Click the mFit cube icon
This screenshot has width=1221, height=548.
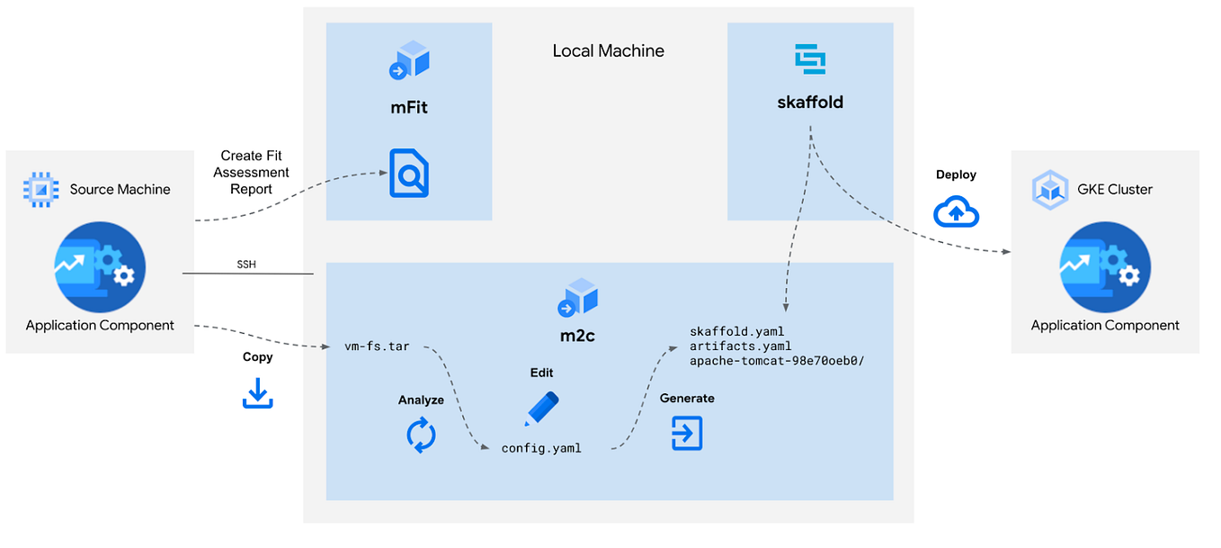(409, 60)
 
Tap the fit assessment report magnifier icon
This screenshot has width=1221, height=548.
(408, 174)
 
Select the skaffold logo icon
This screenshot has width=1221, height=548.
(810, 58)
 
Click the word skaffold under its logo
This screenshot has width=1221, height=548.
(810, 102)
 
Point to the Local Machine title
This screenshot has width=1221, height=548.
(608, 51)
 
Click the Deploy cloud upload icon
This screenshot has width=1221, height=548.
(956, 212)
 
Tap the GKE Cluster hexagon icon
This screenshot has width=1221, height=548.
(1047, 189)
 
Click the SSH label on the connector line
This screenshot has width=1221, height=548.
(245, 265)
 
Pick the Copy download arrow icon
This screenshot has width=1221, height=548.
(257, 393)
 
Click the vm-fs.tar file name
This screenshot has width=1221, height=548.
(377, 346)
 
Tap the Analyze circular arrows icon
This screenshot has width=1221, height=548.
(421, 435)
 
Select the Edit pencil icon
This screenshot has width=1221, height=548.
(541, 409)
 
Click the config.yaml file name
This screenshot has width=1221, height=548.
(541, 448)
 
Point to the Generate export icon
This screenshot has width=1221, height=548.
(687, 434)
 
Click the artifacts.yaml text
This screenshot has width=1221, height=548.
(740, 346)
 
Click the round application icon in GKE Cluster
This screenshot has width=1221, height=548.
(1105, 266)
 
